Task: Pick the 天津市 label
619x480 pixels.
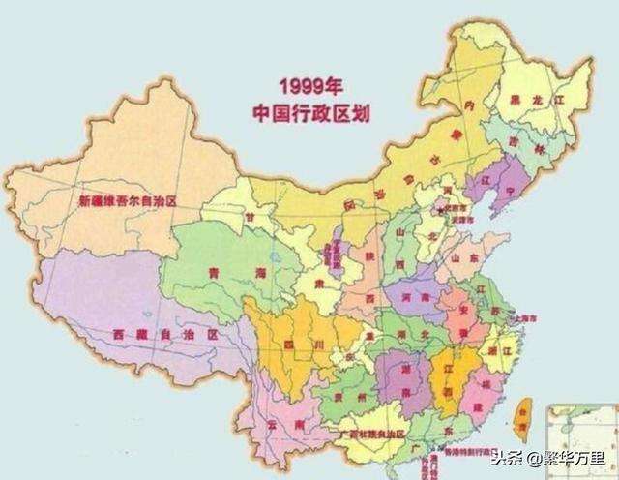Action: (459, 222)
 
